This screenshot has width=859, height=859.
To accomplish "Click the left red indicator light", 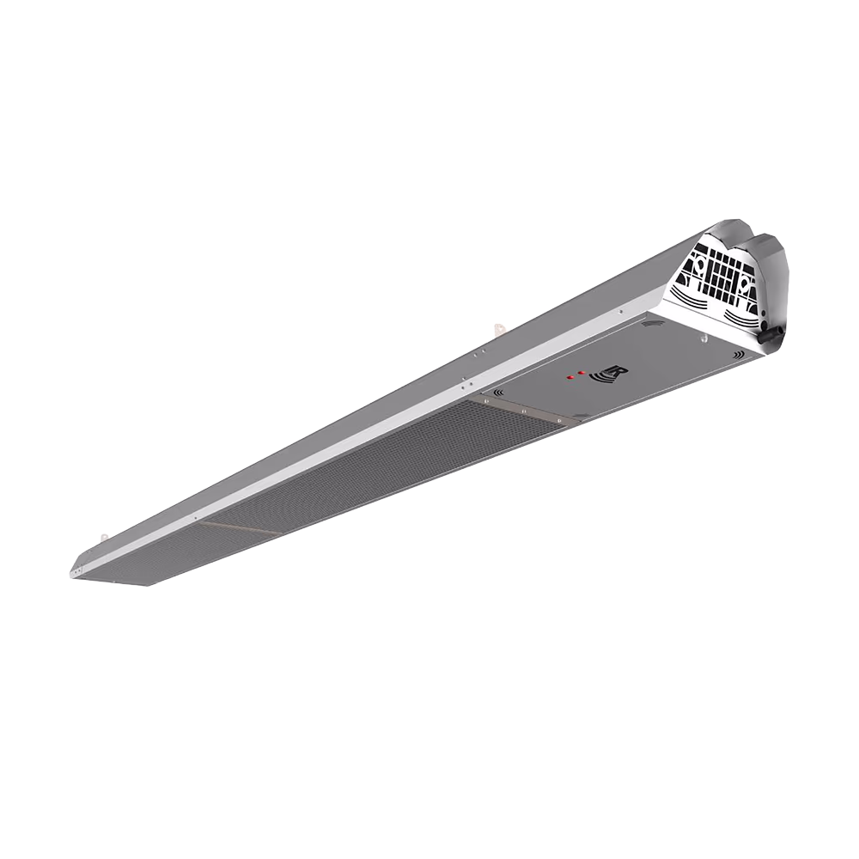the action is [570, 377].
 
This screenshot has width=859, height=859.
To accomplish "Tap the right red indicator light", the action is [581, 373].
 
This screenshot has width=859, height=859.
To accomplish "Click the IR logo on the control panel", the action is [609, 376].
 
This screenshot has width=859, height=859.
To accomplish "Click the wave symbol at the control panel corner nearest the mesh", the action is [498, 393].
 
